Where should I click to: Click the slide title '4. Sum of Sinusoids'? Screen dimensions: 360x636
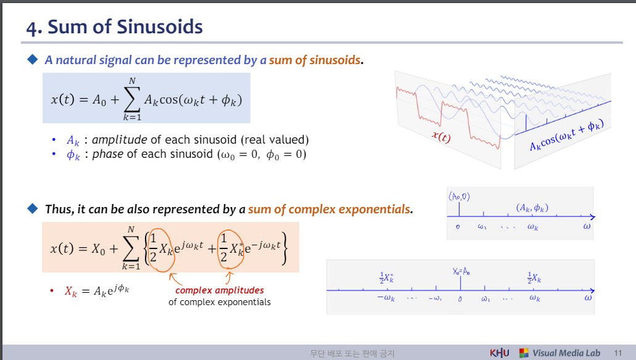(x=115, y=27)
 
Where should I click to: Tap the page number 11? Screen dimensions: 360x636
(x=617, y=353)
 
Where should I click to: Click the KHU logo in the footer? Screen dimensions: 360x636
(x=499, y=353)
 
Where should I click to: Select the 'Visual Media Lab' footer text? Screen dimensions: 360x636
(x=566, y=353)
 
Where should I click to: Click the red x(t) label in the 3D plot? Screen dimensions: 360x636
(x=440, y=137)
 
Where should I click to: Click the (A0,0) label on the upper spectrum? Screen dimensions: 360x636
(x=460, y=197)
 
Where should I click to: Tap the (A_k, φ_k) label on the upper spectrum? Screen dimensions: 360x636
(x=532, y=208)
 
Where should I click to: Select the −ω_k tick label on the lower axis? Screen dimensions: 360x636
(x=385, y=299)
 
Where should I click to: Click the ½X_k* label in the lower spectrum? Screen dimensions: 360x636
(x=387, y=278)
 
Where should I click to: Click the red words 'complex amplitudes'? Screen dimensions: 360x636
(x=220, y=290)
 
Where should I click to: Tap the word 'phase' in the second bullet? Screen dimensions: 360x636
(x=108, y=154)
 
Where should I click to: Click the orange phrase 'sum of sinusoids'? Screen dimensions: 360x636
(x=315, y=60)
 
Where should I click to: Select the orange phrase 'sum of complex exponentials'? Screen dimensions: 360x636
(x=329, y=209)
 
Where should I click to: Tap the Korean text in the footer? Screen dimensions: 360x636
(x=352, y=354)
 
